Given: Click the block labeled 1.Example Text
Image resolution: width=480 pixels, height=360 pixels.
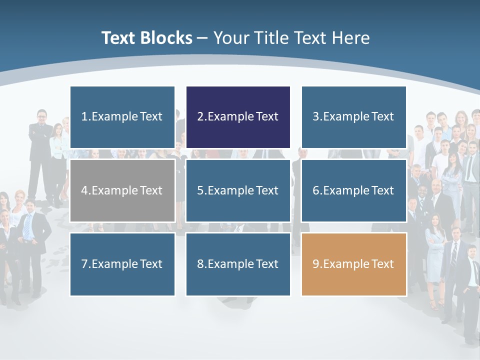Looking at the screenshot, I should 122,117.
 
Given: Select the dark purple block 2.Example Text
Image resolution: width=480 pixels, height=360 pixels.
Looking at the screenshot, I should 238,117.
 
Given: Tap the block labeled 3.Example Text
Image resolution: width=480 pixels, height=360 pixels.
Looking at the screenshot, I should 353,117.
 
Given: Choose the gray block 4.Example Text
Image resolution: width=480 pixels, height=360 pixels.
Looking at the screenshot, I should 122,190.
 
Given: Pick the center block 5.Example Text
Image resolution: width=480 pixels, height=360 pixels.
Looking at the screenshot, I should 238,190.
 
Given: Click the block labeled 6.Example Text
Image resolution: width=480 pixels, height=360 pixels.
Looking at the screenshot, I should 353,190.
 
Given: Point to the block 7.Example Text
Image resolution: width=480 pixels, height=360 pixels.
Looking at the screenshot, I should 122,264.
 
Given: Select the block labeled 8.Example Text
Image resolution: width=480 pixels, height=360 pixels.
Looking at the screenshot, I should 238,264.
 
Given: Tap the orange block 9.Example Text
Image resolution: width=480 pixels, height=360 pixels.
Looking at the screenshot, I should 353,264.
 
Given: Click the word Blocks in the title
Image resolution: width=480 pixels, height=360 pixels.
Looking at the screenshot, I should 167,38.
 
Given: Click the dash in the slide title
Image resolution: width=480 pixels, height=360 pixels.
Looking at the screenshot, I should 203,38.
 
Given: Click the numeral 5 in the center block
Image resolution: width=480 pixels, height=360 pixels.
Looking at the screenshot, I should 200,190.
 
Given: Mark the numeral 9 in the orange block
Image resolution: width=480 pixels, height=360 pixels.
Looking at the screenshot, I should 315,264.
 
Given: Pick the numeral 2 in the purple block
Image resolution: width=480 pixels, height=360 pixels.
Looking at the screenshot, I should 200,117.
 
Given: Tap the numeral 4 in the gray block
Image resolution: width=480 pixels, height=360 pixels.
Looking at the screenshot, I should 84,190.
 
